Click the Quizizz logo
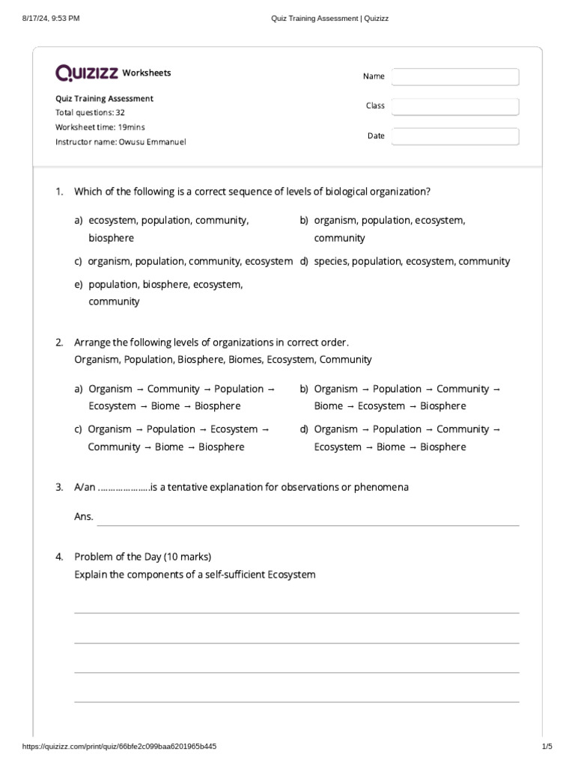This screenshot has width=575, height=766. tap(87, 73)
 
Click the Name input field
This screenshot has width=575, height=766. tap(454, 77)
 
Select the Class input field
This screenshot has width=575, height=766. tap(454, 107)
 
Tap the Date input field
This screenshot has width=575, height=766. tap(454, 136)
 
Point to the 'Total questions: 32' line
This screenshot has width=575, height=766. tap(90, 112)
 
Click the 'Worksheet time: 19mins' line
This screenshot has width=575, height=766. tap(100, 127)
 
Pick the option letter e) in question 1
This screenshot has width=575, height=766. tap(79, 285)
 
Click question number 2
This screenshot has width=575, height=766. tap(59, 343)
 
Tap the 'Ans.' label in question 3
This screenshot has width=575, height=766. tap(84, 516)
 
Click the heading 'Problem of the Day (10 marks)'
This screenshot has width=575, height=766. tap(142, 557)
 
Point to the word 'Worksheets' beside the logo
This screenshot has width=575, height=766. tap(147, 73)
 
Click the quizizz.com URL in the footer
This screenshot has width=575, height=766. tap(120, 747)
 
